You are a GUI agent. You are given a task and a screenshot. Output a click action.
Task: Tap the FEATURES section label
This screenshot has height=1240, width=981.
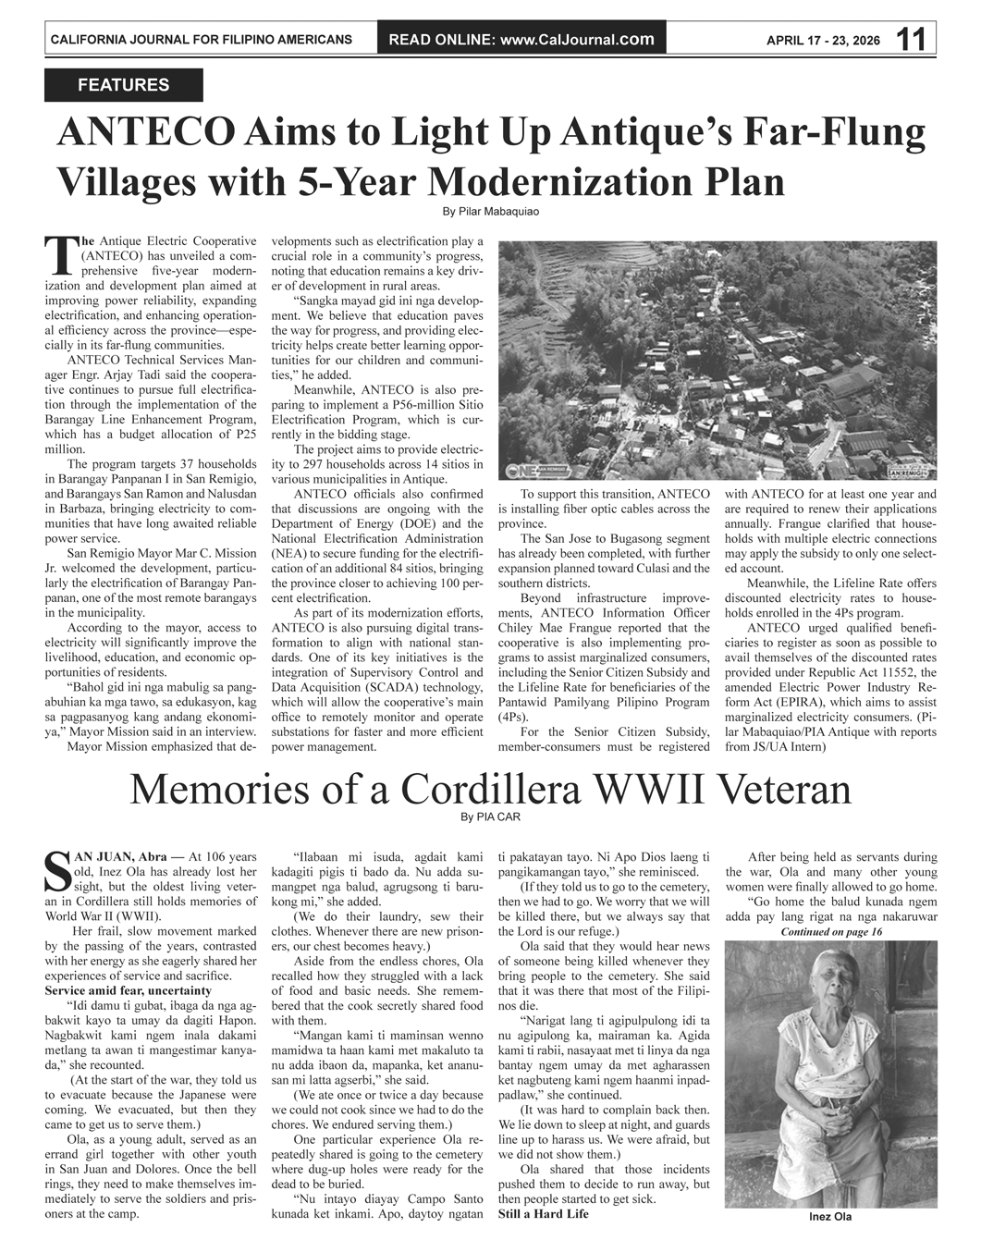click(x=123, y=85)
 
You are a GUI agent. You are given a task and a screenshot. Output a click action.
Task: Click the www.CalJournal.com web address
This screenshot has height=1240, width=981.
click(x=577, y=39)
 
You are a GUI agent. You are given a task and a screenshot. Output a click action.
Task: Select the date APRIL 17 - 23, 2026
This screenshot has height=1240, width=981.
click(x=823, y=40)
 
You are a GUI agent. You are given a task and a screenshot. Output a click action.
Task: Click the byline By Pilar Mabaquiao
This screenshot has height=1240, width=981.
click(x=490, y=212)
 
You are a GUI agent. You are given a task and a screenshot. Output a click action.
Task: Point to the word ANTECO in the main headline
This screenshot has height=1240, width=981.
click(x=146, y=132)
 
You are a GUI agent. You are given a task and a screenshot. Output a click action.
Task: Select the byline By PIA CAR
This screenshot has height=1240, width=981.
click(x=490, y=816)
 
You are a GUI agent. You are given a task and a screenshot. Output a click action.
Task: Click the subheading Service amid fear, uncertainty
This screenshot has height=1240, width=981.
click(x=128, y=990)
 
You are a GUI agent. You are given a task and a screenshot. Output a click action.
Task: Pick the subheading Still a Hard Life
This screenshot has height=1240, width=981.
click(x=543, y=1213)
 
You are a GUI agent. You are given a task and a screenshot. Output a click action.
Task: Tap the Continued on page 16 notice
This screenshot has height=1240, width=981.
click(x=830, y=932)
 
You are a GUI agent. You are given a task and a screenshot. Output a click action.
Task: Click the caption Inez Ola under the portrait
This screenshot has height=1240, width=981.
click(x=830, y=1217)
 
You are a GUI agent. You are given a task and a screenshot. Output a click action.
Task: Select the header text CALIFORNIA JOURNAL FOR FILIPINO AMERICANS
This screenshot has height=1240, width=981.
click(x=201, y=40)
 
